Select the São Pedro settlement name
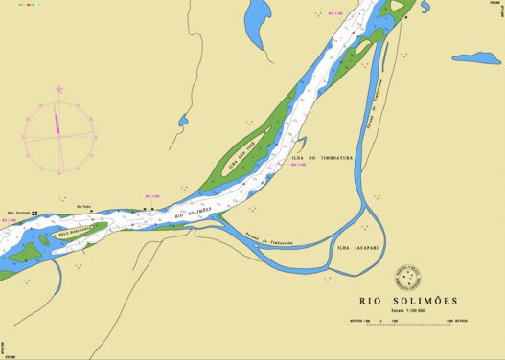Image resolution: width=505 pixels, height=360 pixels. pos(83,205)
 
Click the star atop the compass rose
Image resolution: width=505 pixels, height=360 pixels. pos(59,90)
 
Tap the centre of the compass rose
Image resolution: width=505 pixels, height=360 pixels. pos(59,137)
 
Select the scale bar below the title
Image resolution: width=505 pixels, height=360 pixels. pos(408,322)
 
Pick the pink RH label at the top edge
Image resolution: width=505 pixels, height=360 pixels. pos(334,13)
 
